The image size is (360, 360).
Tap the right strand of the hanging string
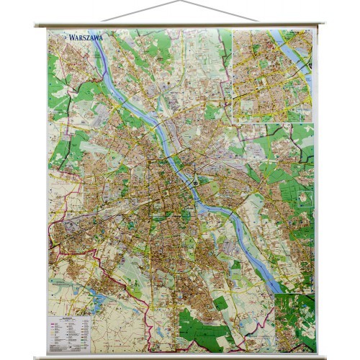tap(220, 12)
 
